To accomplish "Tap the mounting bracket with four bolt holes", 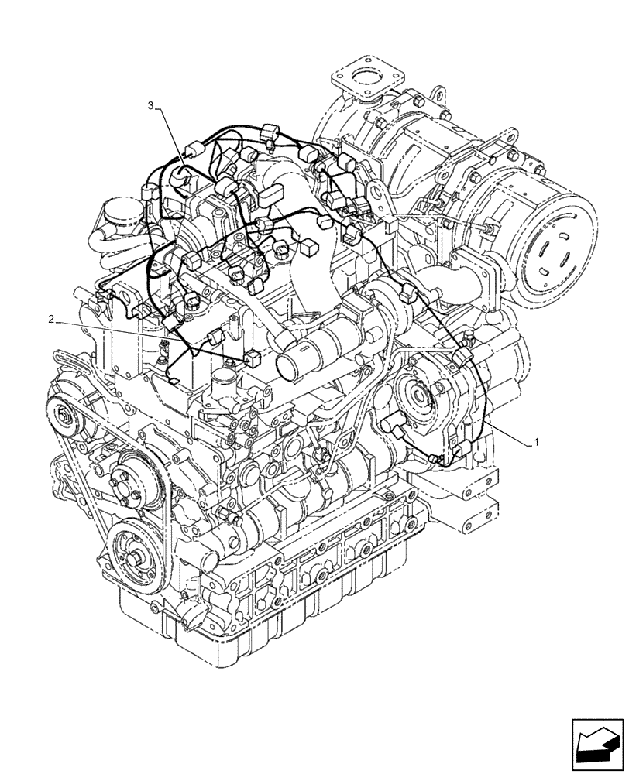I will [468, 495].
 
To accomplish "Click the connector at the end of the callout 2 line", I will [252, 358].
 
